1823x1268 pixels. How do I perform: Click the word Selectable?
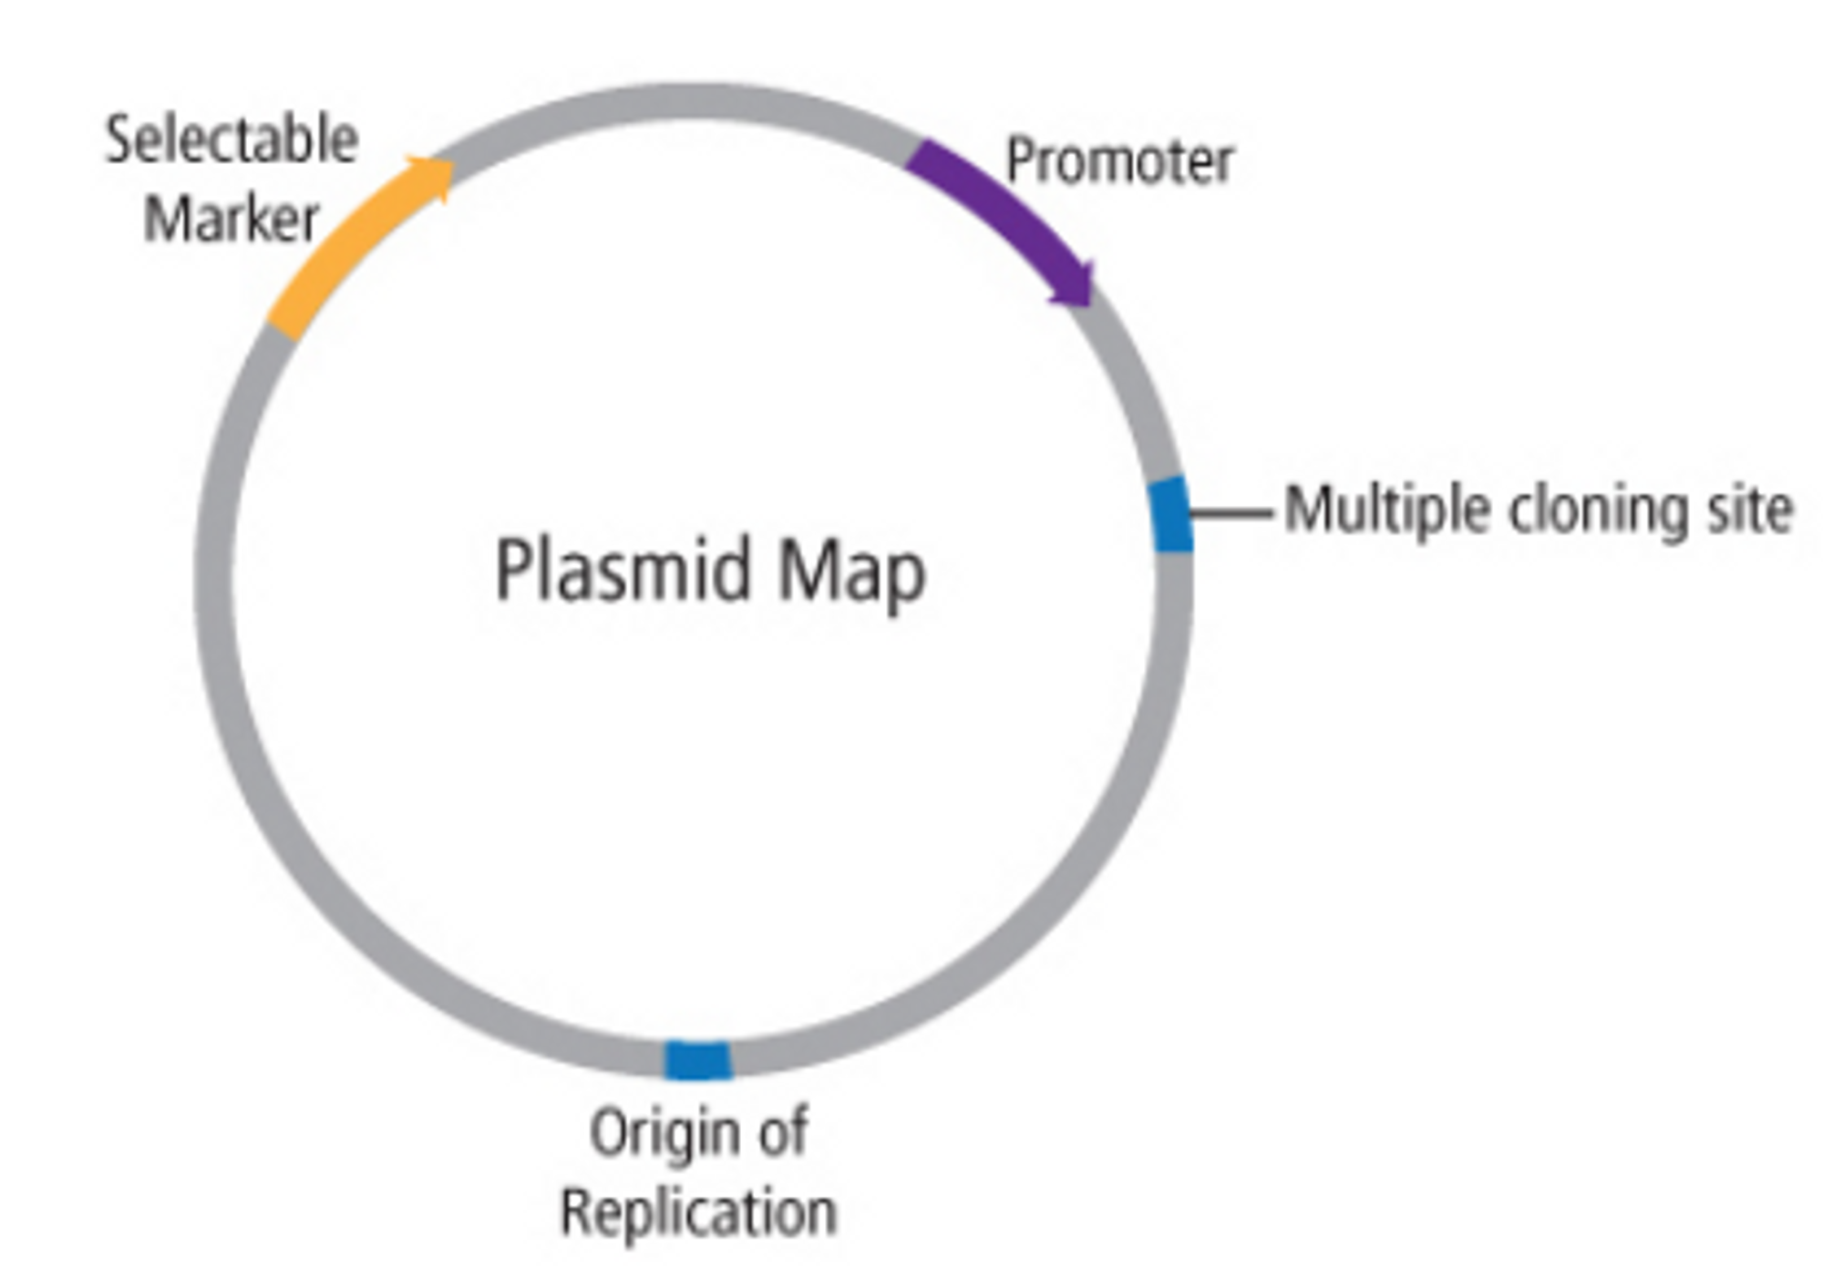(232, 141)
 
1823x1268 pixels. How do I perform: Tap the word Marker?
(232, 220)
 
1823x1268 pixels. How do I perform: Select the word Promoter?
(1119, 161)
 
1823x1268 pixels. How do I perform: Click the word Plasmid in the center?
(623, 571)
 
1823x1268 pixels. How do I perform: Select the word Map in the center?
(851, 572)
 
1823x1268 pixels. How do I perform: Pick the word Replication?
(698, 1212)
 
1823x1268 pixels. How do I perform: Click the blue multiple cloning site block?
(1170, 514)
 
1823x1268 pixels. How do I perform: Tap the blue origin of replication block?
(697, 1060)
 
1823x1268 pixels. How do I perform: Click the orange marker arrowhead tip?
(450, 166)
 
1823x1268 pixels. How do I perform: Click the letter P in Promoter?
(1019, 161)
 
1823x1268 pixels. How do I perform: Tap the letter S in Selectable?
(118, 141)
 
